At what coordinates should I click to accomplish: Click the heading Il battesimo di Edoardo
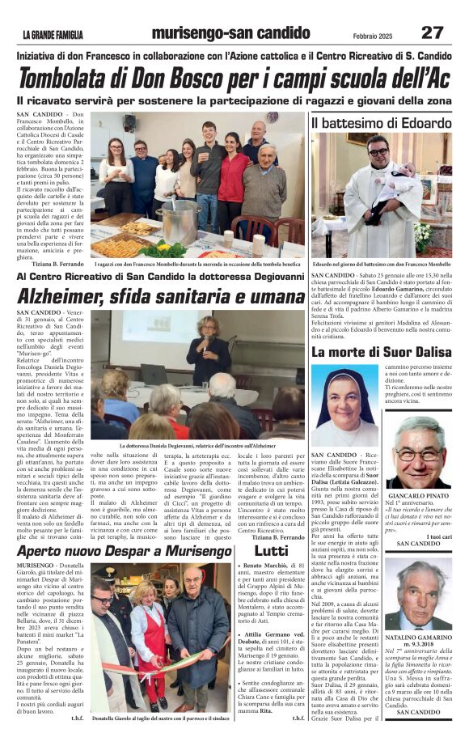coord(381,123)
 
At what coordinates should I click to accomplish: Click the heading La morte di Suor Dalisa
coord(381,352)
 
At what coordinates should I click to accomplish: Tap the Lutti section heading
coord(271,550)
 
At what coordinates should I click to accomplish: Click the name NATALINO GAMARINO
coord(418,638)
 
